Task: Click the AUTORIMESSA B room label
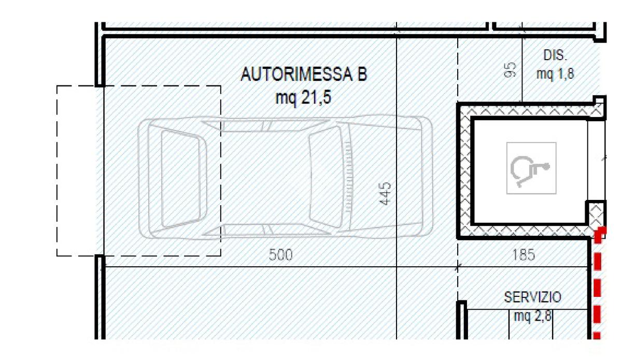coord(304,75)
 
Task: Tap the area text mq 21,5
coord(303,98)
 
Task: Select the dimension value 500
coord(281,255)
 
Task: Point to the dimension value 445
coord(385,194)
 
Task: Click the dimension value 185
coord(524,255)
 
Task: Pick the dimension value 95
coord(511,69)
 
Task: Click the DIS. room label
coord(555,55)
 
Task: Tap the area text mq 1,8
coord(555,74)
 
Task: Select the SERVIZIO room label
coord(533,297)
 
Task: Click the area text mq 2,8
coord(533,316)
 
